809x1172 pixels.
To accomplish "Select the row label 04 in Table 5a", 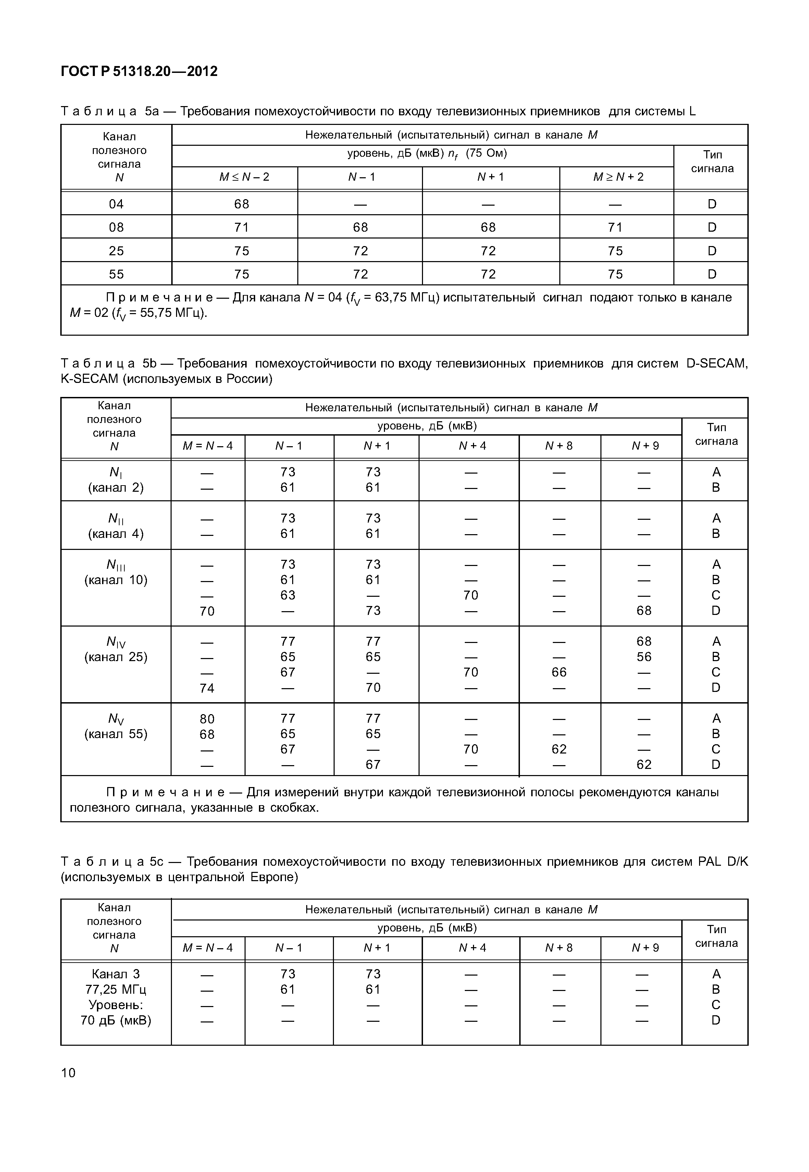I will tap(116, 204).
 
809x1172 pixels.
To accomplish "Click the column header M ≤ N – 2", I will tap(244, 177).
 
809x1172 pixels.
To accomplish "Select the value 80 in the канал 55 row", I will tap(207, 719).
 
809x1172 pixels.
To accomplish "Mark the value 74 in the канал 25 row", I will tap(207, 688).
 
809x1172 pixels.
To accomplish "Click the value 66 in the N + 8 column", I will tap(559, 672).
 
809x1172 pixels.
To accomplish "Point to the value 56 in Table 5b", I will tap(644, 657).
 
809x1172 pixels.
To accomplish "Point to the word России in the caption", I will tap(247, 378).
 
